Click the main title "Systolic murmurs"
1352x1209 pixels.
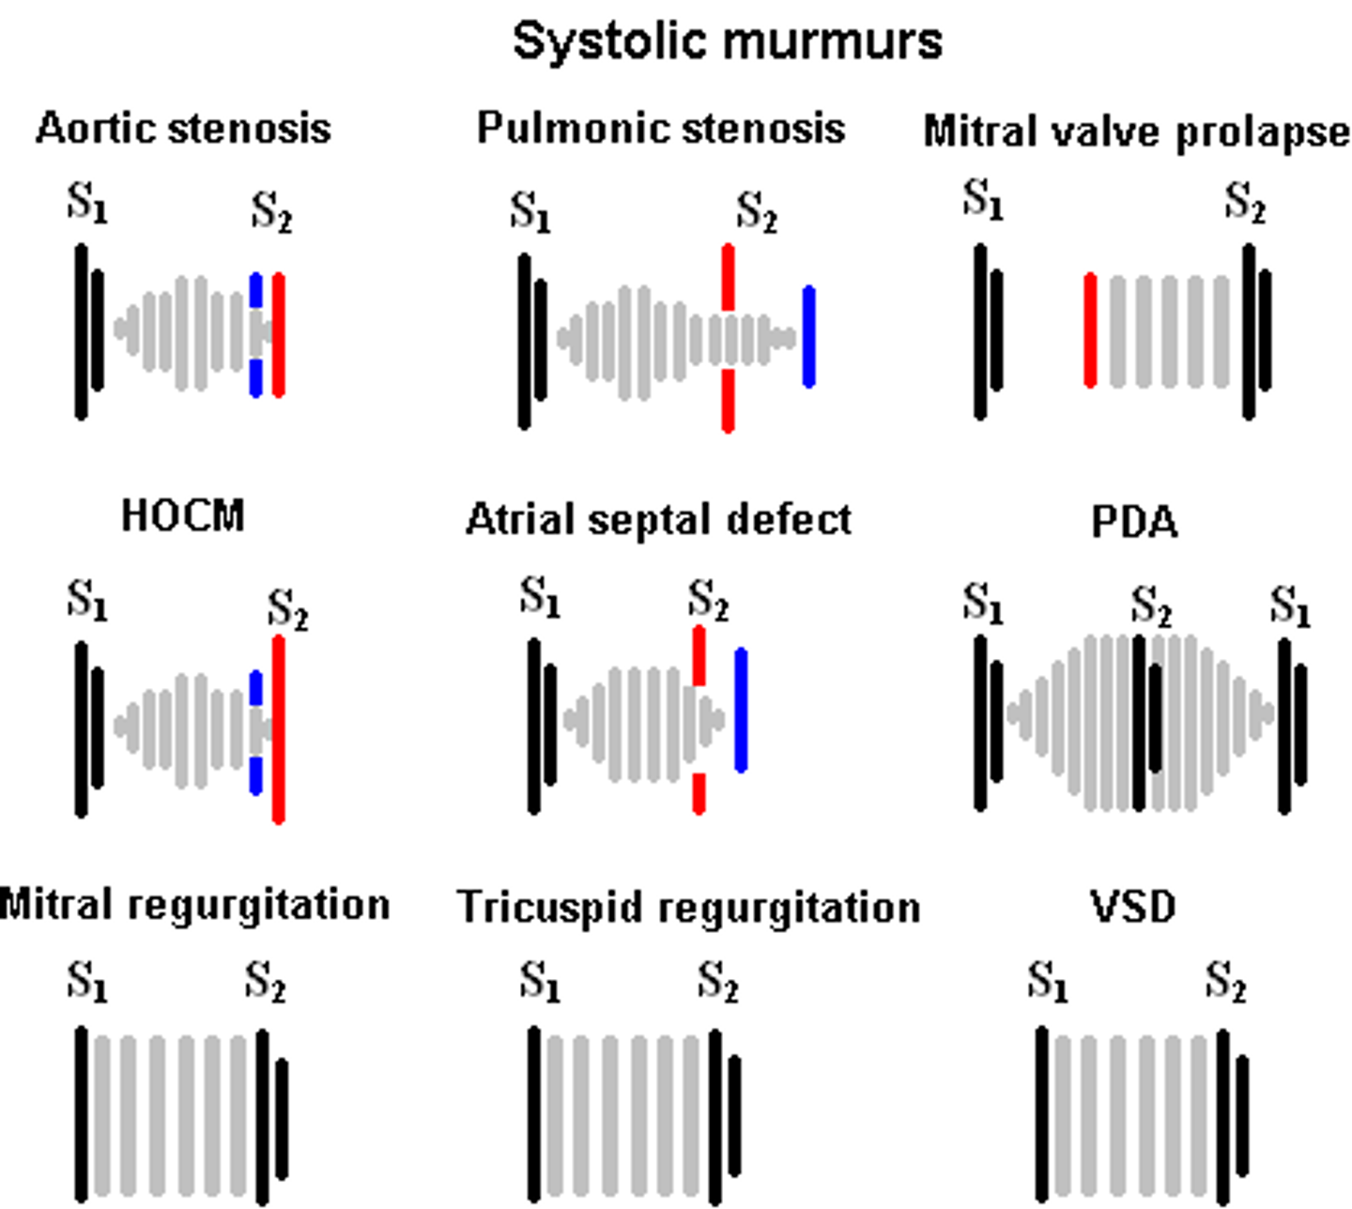click(728, 41)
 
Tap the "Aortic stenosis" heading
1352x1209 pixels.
click(183, 128)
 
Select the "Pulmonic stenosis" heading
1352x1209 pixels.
click(661, 128)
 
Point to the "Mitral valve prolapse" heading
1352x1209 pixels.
click(1136, 132)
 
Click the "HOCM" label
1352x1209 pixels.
click(183, 515)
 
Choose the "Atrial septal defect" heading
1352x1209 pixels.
click(659, 520)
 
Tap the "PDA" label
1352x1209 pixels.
click(1134, 522)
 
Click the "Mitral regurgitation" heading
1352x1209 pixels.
click(195, 906)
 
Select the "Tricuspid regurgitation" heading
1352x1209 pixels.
click(689, 908)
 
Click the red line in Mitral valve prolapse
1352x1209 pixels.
click(1090, 329)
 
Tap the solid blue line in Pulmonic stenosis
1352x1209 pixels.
click(808, 336)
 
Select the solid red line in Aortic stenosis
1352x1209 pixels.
click(279, 335)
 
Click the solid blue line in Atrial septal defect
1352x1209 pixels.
click(741, 710)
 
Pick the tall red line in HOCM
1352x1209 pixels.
click(279, 729)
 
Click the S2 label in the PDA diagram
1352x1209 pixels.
click(1151, 605)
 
